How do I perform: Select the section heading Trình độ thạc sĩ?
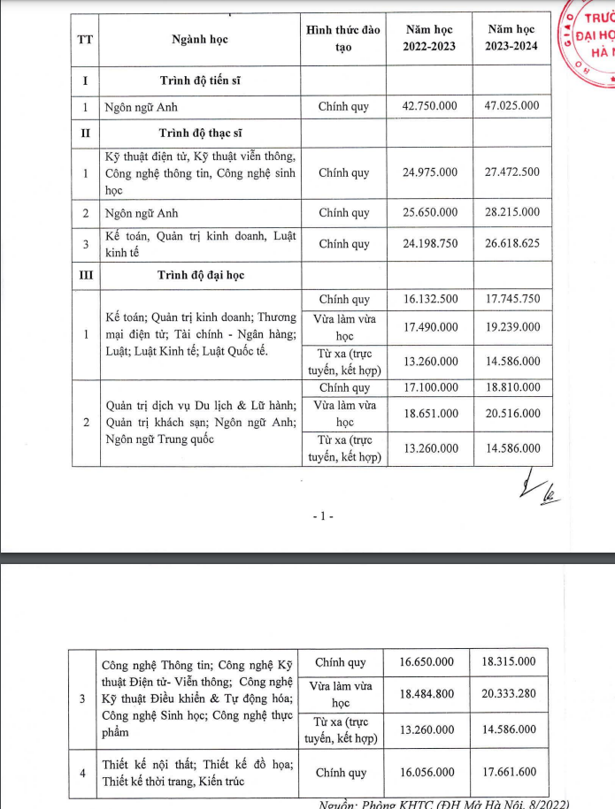tap(200, 134)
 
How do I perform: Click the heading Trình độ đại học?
tap(201, 275)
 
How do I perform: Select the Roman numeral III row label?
tap(85, 275)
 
